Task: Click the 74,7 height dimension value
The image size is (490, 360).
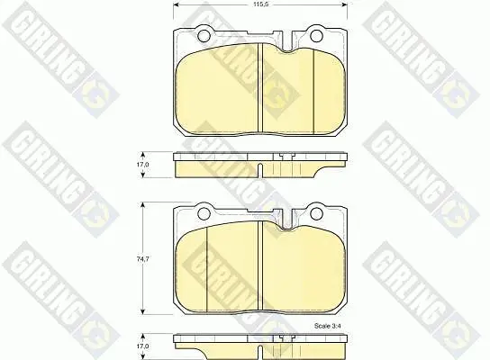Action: pyautogui.click(x=143, y=259)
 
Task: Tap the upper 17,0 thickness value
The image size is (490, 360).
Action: pyautogui.click(x=143, y=165)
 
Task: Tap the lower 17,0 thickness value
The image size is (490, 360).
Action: pyautogui.click(x=143, y=346)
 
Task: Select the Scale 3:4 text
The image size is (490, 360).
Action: pyautogui.click(x=328, y=326)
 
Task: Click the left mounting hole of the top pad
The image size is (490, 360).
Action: pyautogui.click(x=204, y=35)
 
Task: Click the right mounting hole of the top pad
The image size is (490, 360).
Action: pyautogui.click(x=316, y=35)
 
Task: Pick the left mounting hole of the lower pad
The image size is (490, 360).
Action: pyautogui.click(x=204, y=213)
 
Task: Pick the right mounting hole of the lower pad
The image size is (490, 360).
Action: pyautogui.click(x=316, y=213)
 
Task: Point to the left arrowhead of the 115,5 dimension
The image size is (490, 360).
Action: pyautogui.click(x=176, y=5)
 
